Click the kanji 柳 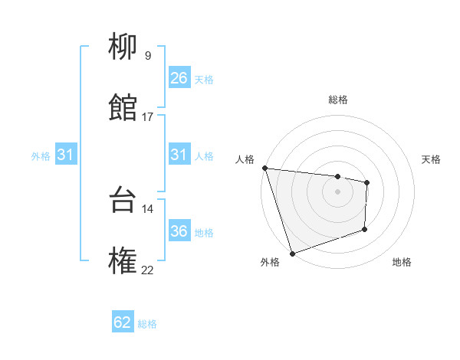123,48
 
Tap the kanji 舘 123,109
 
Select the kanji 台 123,201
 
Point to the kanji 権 123,261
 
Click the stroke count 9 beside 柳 147,56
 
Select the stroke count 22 147,269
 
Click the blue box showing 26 179,78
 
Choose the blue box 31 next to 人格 179,155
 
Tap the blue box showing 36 179,231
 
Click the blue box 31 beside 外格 65,155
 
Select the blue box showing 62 123,322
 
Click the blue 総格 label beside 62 147,324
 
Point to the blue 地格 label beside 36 204,232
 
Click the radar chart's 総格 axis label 338,100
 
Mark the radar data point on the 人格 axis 264,168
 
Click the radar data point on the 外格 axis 292,253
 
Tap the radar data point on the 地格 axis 365,229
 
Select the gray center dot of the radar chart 338,191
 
